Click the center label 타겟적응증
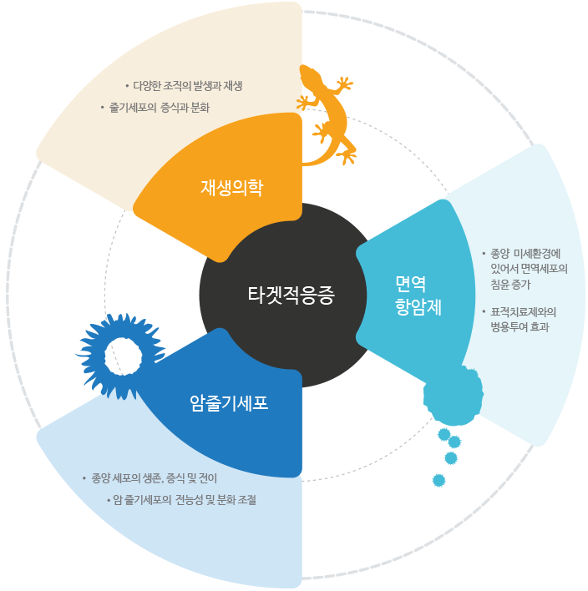(x=291, y=295)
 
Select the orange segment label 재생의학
(x=231, y=187)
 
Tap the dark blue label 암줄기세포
(x=229, y=403)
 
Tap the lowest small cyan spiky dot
(x=438, y=480)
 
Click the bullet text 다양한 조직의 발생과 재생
(x=187, y=85)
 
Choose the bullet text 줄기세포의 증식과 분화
(x=159, y=108)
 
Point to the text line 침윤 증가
(x=510, y=285)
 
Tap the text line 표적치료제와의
(x=524, y=311)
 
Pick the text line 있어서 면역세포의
(x=530, y=269)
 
